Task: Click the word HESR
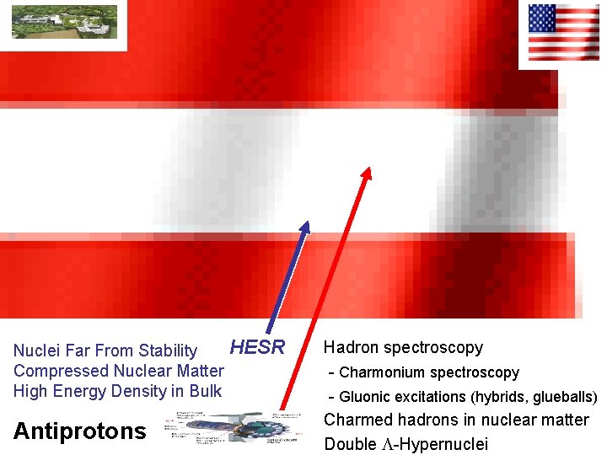pos(258,347)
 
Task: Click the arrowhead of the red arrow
pos(367,172)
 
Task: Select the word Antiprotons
pos(80,431)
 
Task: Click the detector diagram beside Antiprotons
pos(228,431)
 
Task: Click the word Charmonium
pos(379,372)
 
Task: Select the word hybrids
pos(498,397)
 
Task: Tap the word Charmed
pos(358,420)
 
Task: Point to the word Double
pos(350,443)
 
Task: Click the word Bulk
pos(205,391)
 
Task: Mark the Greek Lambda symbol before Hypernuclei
pos(388,443)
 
